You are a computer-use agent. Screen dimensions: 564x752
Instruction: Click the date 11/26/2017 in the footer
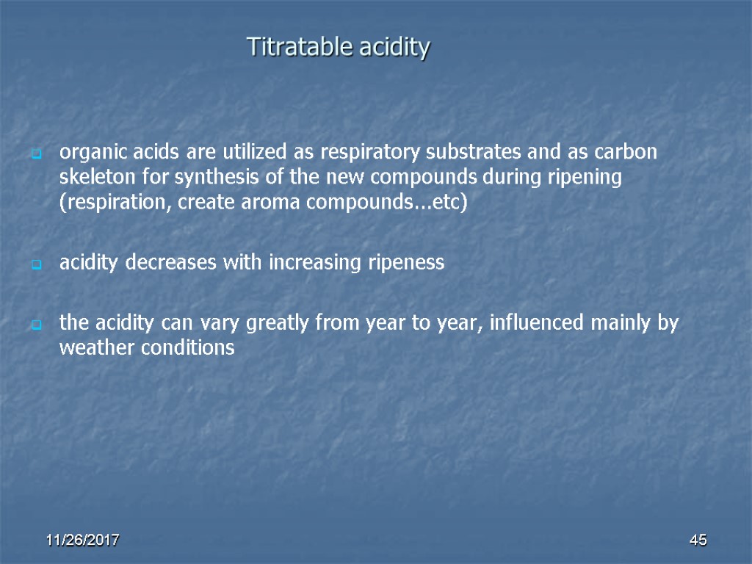(x=83, y=541)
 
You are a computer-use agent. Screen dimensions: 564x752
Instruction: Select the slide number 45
(x=698, y=541)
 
